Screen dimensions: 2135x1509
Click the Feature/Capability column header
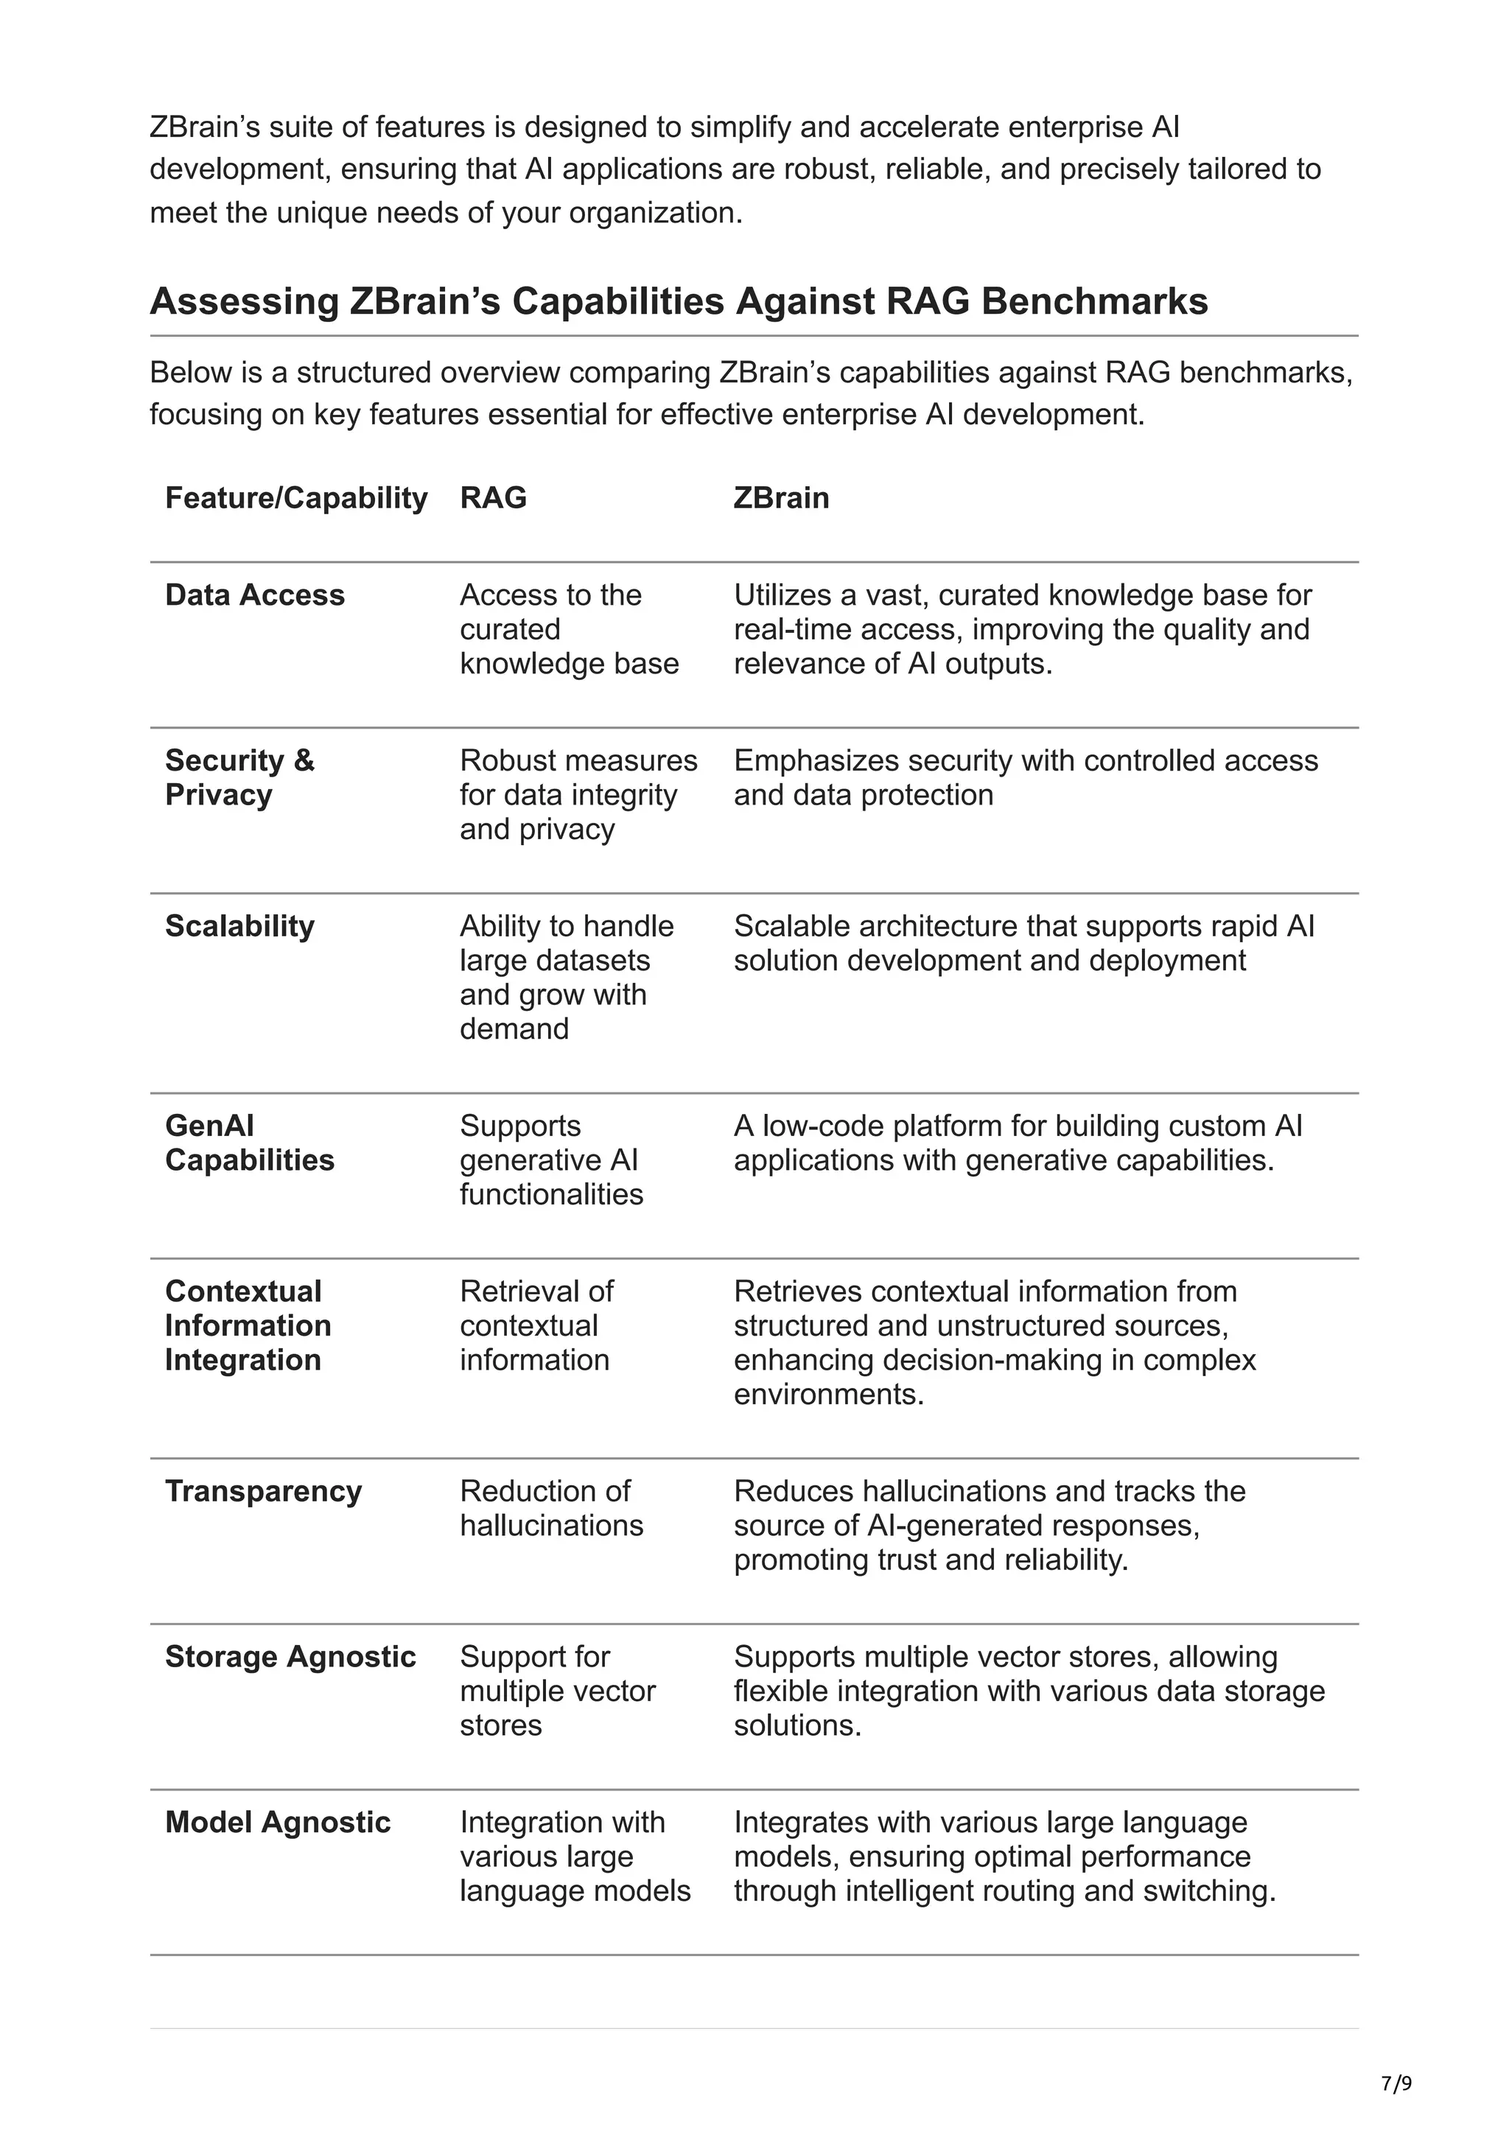(295, 499)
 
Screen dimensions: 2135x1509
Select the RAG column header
(493, 499)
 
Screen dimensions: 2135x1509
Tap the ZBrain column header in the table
(781, 499)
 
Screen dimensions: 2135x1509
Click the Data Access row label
(255, 595)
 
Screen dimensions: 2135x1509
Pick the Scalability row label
(240, 926)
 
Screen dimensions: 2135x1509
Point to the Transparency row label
(263, 1492)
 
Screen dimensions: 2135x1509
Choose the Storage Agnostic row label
(290, 1657)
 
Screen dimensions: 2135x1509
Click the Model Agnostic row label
(277, 1823)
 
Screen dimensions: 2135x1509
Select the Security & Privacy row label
(240, 777)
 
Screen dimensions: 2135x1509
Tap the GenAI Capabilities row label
(249, 1143)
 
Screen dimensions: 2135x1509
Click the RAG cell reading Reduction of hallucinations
(550, 1508)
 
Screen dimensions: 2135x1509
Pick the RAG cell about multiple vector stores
(557, 1691)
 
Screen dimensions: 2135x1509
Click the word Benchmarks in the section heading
(1093, 301)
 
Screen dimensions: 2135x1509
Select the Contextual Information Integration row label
(248, 1326)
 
